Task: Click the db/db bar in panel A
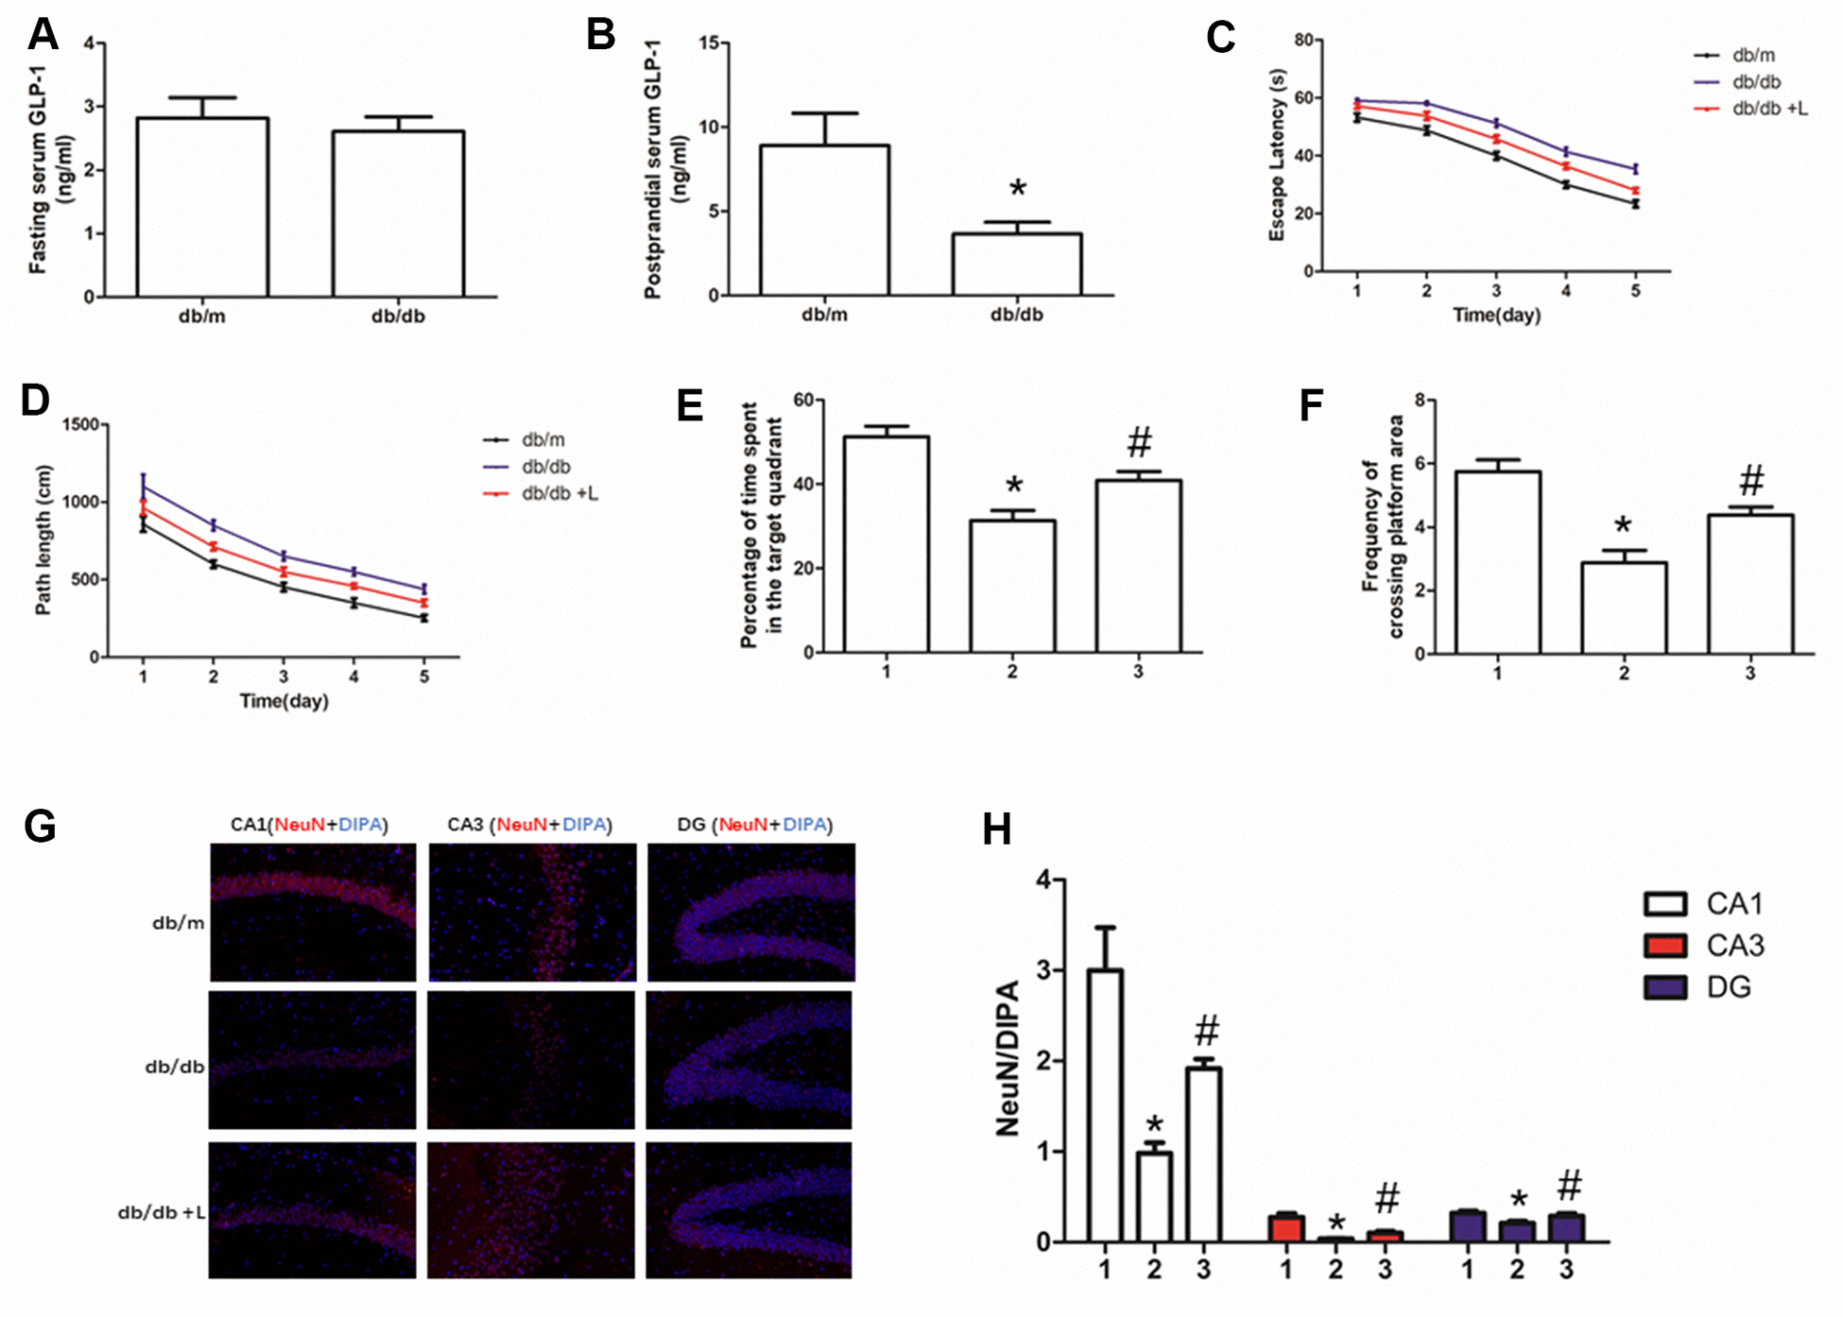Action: coord(398,214)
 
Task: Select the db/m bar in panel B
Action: coord(824,220)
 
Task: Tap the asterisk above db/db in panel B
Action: coord(1017,189)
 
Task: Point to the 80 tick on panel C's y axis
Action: coord(1303,40)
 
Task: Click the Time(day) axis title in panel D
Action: coord(284,701)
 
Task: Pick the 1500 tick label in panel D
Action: coord(79,425)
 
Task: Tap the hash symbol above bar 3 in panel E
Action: coord(1140,442)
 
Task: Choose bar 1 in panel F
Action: coord(1498,562)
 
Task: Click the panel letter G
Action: coord(40,827)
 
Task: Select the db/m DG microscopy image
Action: coord(751,913)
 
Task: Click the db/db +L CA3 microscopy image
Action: coord(531,1210)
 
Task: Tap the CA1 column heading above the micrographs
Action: coord(309,825)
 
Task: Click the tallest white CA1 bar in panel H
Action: coord(1105,1104)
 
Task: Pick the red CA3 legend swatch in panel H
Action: coord(1664,946)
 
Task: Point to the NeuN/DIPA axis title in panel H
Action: coord(1009,1058)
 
